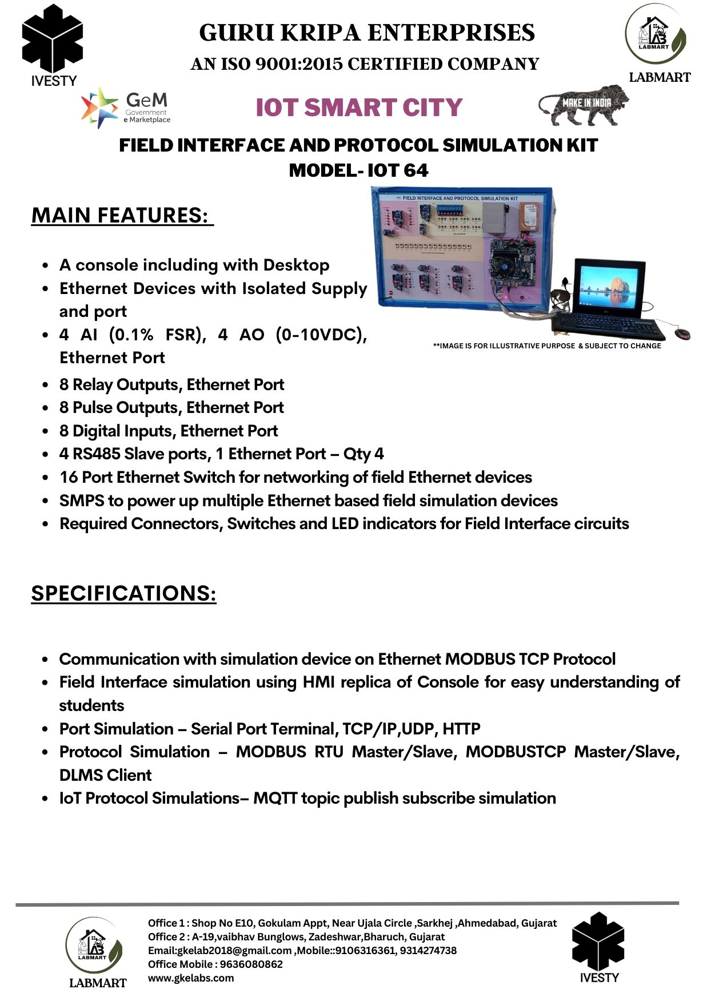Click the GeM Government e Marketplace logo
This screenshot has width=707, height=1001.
[x=126, y=108]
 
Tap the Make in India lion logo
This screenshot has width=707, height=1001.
[x=583, y=105]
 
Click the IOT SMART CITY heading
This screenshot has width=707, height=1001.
[x=358, y=108]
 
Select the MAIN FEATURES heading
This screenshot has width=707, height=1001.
[x=122, y=216]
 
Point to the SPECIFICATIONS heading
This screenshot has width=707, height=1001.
[x=123, y=593]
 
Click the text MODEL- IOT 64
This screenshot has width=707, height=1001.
[x=358, y=170]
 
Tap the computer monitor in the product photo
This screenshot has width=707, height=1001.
[x=609, y=287]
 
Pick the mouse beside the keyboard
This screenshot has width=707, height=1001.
[x=682, y=333]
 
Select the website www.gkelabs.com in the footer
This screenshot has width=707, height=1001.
[x=191, y=978]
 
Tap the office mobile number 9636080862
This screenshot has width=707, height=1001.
[x=251, y=964]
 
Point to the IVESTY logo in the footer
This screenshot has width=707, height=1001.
[x=598, y=947]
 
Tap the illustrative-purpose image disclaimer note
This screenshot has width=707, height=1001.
[x=547, y=345]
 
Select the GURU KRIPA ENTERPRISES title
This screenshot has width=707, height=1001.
[x=367, y=33]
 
